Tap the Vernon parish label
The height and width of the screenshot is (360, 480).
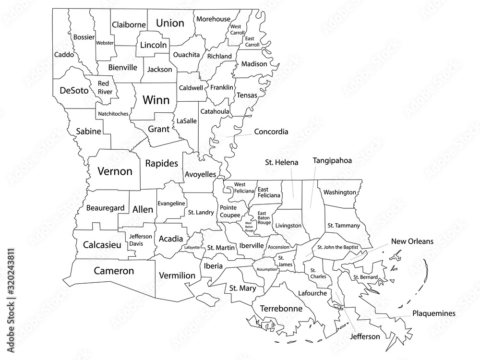click(115, 171)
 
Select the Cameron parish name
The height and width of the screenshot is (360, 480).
click(114, 271)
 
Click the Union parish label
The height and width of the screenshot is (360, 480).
click(170, 23)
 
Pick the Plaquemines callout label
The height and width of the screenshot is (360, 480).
click(433, 313)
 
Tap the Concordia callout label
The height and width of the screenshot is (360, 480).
click(271, 132)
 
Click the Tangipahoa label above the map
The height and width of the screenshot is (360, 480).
click(332, 161)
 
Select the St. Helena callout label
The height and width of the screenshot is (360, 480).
click(282, 163)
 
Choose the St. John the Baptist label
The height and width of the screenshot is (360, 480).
click(338, 248)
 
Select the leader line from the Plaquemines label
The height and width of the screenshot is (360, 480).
click(394, 316)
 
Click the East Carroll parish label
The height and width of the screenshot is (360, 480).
click(252, 41)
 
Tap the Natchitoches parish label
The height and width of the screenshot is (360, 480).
click(113, 114)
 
